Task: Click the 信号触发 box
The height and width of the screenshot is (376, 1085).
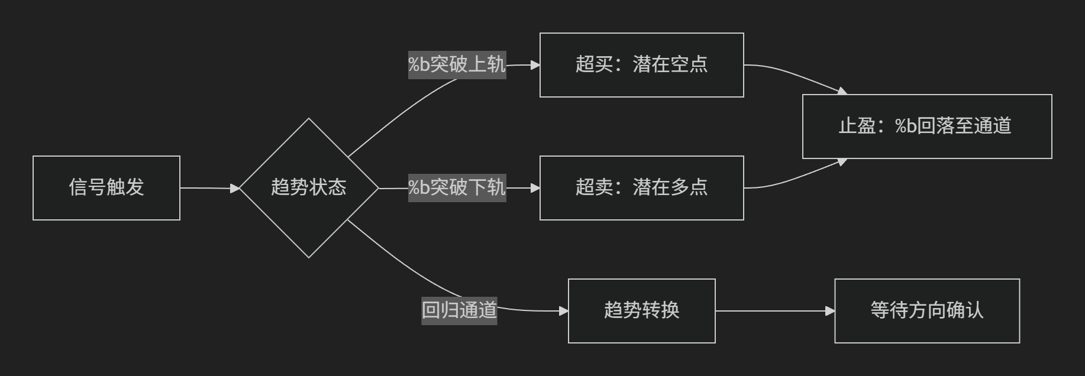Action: point(106,188)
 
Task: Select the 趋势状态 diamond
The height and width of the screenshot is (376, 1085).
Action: point(309,188)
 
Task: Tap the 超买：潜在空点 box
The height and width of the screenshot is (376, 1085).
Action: point(642,65)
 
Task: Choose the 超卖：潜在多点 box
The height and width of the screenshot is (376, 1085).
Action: point(642,188)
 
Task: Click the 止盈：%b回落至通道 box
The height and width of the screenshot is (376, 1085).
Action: point(927,127)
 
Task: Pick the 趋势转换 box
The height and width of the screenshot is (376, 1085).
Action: point(642,311)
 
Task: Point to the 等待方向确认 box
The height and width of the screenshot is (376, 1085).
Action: point(927,311)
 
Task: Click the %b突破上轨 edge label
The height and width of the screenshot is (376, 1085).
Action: point(457,64)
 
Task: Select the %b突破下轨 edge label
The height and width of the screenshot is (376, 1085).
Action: point(457,187)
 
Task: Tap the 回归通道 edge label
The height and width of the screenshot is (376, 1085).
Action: point(459,310)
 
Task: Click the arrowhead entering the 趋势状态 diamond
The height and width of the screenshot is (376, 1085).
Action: point(235,189)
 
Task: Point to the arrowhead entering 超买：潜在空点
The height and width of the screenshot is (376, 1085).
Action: point(535,65)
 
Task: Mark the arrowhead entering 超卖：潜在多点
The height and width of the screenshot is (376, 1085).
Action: point(535,188)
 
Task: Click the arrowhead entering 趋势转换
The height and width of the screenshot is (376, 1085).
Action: point(564,311)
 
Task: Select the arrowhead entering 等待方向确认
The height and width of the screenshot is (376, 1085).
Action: point(830,311)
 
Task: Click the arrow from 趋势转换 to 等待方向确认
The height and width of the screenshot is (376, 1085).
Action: point(775,311)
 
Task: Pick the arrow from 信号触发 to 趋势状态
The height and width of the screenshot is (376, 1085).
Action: point(210,188)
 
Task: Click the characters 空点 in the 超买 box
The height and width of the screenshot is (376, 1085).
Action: point(689,64)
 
